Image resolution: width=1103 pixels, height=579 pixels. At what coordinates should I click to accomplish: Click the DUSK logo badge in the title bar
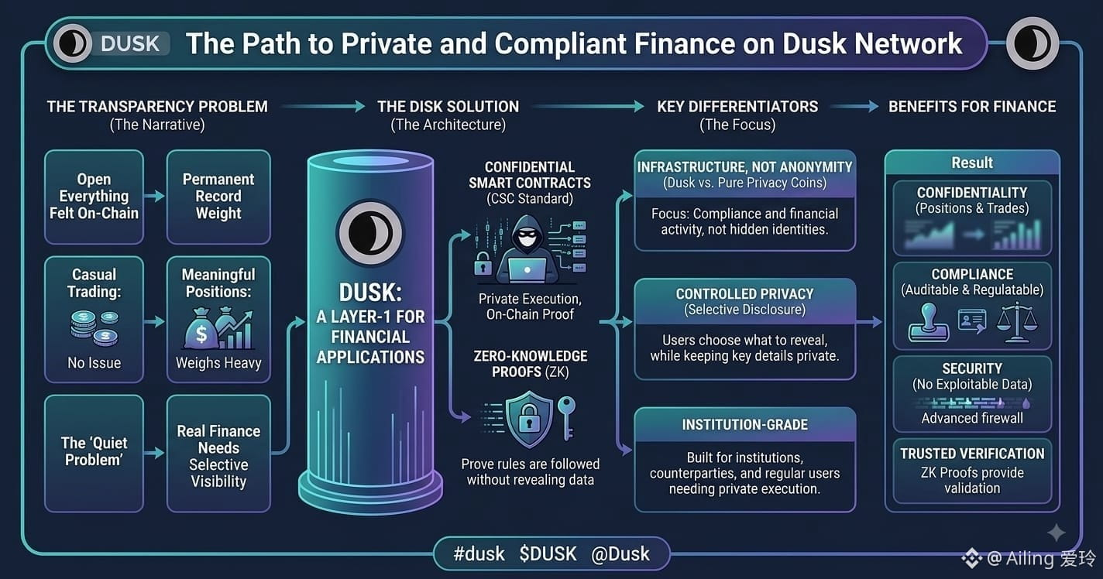(x=112, y=43)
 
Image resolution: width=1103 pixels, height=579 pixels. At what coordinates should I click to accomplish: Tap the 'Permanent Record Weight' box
(x=218, y=197)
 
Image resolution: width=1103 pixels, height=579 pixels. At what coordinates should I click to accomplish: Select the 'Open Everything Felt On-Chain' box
(x=94, y=197)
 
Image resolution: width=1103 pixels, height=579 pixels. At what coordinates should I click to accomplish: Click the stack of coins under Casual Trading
(x=94, y=327)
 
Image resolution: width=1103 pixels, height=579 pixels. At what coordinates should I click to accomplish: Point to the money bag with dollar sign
(x=201, y=328)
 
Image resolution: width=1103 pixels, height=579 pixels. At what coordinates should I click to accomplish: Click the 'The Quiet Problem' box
(x=94, y=453)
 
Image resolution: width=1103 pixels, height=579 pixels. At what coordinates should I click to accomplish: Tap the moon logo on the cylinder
(x=369, y=233)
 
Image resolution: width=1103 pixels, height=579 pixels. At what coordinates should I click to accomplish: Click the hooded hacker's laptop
(x=527, y=270)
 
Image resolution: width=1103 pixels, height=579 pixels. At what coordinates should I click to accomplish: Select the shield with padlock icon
(x=529, y=419)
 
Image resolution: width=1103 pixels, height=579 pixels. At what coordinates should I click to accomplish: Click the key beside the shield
(x=566, y=418)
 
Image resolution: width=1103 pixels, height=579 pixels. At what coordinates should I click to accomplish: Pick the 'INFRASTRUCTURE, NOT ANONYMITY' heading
(x=744, y=167)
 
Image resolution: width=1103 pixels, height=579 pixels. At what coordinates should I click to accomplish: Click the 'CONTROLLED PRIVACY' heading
(x=744, y=293)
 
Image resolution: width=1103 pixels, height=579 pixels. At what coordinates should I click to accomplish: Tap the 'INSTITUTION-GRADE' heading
(x=744, y=424)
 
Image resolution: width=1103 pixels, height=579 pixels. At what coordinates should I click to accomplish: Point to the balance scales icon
(x=1017, y=322)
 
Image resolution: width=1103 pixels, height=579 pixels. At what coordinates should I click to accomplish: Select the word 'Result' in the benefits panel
(x=972, y=163)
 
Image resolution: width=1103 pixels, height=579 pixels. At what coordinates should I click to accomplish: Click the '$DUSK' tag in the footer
(x=548, y=554)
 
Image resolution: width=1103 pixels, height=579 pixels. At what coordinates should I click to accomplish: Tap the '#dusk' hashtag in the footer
(x=479, y=554)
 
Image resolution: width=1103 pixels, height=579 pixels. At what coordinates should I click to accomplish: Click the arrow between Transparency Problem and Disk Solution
(x=323, y=106)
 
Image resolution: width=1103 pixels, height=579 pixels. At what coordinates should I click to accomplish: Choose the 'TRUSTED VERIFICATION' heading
(x=972, y=454)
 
